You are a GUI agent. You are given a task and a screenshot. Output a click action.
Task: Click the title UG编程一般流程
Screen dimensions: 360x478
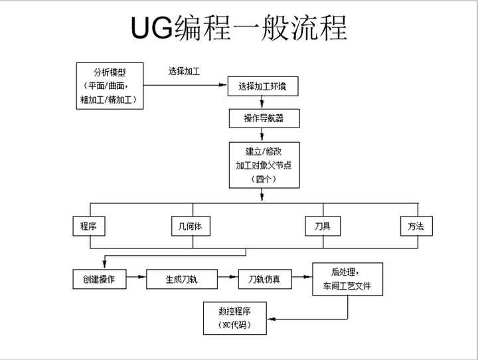point(238,27)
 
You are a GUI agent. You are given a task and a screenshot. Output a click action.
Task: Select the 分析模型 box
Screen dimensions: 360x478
point(110,85)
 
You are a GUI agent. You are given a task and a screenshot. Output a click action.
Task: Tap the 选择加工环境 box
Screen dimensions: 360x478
point(263,86)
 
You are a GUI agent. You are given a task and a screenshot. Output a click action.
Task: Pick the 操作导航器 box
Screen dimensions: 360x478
point(263,118)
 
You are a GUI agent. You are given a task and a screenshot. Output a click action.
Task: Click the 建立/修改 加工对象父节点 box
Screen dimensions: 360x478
point(263,165)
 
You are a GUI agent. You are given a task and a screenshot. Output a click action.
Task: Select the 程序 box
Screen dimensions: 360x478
point(88,226)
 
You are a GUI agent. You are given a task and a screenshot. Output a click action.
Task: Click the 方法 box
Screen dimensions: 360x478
point(416,226)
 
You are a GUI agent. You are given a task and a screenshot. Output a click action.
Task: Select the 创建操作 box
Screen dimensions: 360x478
point(99,279)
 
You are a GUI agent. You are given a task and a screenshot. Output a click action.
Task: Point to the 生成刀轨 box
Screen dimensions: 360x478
point(181,279)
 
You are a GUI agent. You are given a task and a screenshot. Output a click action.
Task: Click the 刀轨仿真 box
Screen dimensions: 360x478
point(264,279)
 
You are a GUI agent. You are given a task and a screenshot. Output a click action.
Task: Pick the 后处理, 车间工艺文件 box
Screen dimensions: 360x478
point(347,279)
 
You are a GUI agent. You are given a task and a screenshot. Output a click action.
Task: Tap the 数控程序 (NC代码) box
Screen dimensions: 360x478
point(234,318)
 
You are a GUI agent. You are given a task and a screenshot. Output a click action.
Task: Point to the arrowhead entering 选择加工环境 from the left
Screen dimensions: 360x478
point(224,86)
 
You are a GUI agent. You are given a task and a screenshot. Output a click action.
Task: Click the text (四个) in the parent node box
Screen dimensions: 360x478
point(263,179)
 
